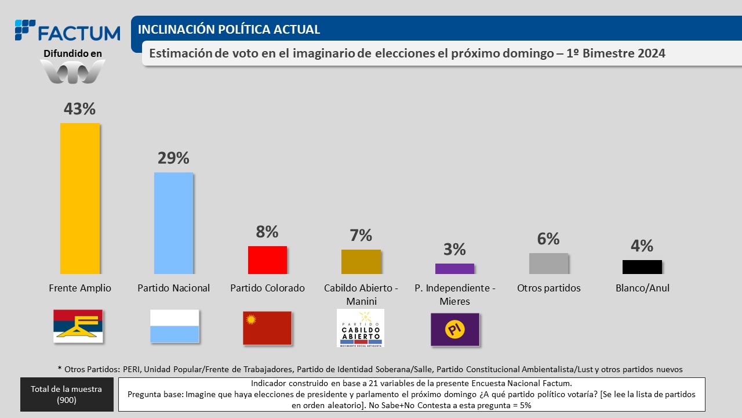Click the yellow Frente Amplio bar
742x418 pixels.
80,199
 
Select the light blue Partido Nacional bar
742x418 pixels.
173,223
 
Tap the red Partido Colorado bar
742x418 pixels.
267,260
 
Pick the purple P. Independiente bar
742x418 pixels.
454,268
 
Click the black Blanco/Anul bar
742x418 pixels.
642,266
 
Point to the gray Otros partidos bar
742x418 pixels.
548,264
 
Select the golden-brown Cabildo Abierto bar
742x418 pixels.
361,262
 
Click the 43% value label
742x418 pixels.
79,109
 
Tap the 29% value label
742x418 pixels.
173,158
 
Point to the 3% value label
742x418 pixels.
454,249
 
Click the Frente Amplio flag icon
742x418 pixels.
78,326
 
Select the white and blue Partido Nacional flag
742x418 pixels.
174,326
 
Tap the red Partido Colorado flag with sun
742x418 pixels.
267,328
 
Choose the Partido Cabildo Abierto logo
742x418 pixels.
361,328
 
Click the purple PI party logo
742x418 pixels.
455,329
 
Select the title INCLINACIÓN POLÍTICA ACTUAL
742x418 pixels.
229,30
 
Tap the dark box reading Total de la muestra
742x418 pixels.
67,395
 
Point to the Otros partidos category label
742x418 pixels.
548,288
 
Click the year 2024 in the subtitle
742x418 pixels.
646,53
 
